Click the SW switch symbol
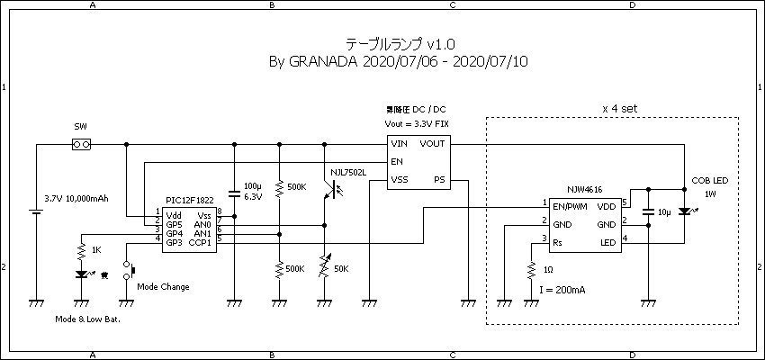point(81,144)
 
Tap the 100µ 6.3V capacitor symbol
point(234,192)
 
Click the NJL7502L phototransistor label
point(348,172)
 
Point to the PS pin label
point(439,179)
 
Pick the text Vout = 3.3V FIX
point(417,122)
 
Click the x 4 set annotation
point(619,107)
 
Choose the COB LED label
point(710,179)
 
